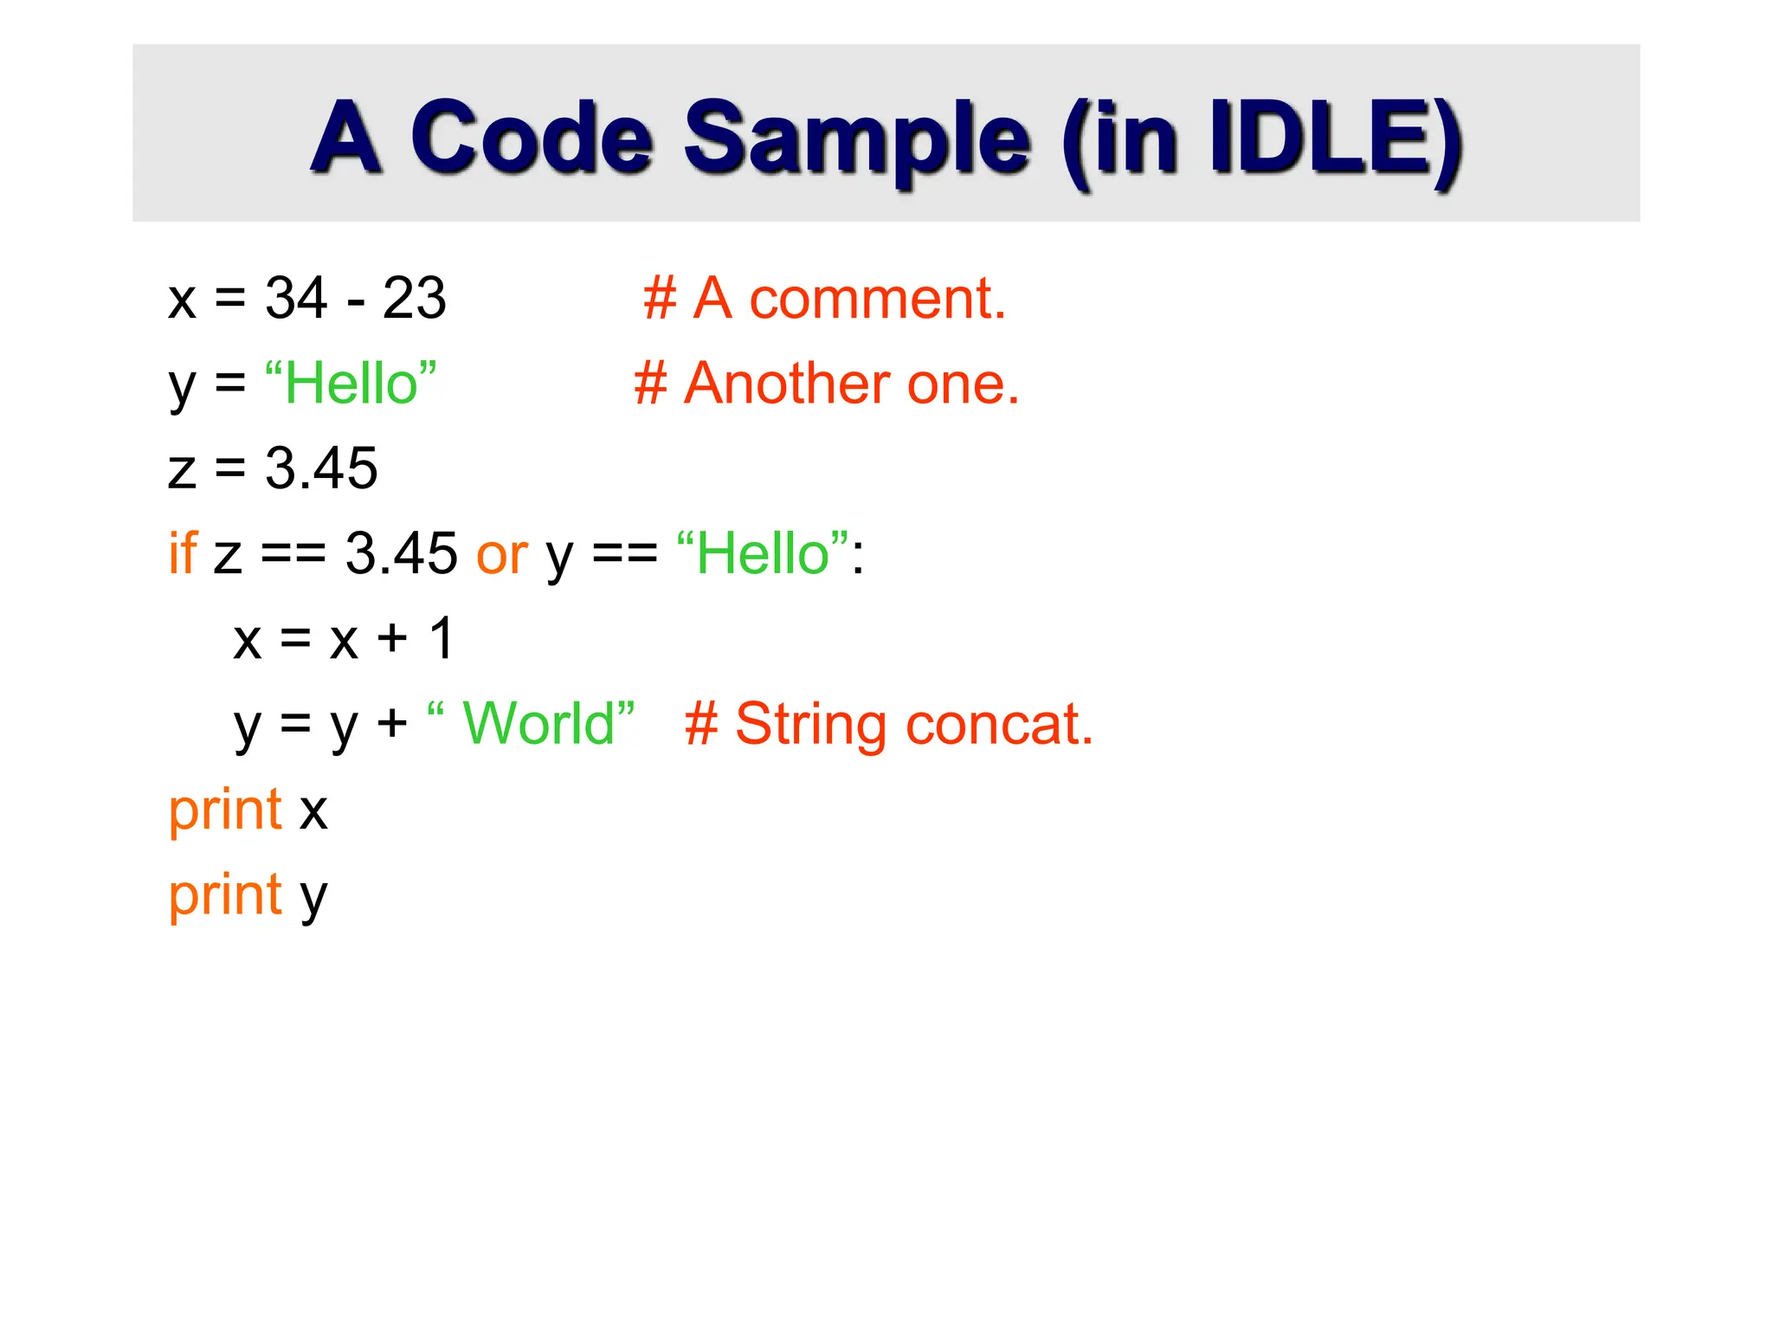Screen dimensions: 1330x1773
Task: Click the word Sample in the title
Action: [857, 139]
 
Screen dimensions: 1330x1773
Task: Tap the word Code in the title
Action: [531, 139]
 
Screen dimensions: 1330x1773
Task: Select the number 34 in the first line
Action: [296, 298]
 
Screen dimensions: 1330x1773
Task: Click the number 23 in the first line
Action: [414, 298]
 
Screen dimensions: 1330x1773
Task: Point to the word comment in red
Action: [877, 298]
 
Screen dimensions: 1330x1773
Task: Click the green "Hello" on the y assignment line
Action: [351, 383]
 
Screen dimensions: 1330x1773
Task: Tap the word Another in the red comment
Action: [786, 383]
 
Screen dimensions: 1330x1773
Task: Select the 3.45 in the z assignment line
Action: [321, 468]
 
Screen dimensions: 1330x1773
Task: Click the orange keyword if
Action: [183, 552]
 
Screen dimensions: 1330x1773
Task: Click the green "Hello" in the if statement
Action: [763, 552]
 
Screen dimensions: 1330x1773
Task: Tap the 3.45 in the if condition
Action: [401, 552]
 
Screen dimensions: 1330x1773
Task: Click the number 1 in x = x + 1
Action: [442, 638]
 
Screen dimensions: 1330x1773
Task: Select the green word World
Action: [538, 723]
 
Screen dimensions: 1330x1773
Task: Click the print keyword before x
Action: [225, 810]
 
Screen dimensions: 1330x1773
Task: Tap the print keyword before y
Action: [225, 895]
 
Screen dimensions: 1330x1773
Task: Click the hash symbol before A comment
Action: [660, 298]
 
